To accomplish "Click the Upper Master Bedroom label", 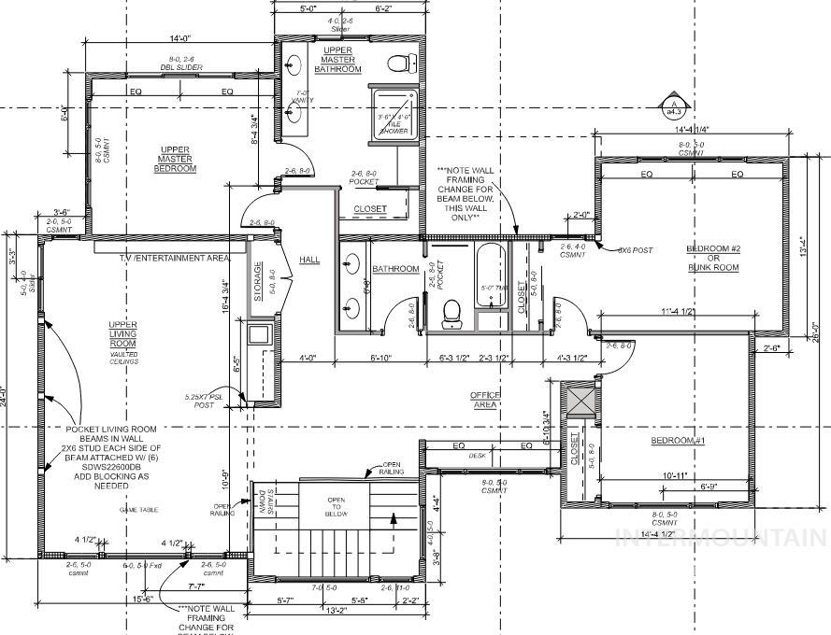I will click(176, 158).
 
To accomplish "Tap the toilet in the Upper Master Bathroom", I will click(403, 63).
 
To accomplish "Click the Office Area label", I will click(486, 400).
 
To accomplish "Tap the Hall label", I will click(309, 259).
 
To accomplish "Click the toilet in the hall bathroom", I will click(451, 310).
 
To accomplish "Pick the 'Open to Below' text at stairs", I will click(336, 506).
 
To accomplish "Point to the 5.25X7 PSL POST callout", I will click(205, 402).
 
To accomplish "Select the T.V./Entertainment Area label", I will click(175, 257).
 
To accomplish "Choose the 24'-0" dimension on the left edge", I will click(7, 392).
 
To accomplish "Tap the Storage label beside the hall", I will click(258, 279).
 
